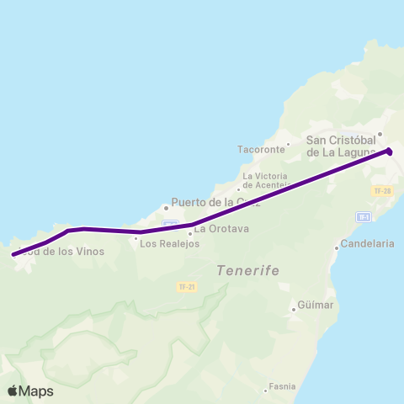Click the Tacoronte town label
pyautogui.click(x=262, y=149)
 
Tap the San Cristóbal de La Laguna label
pyautogui.click(x=346, y=146)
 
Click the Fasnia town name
pyautogui.click(x=282, y=387)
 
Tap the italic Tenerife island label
pyautogui.click(x=247, y=271)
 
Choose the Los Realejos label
pyautogui.click(x=166, y=244)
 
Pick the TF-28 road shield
pyautogui.click(x=381, y=191)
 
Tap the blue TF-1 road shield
pyautogui.click(x=364, y=216)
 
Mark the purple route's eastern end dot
pyautogui.click(x=390, y=151)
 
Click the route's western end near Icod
pyautogui.click(x=13, y=254)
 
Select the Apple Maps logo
pyautogui.click(x=30, y=391)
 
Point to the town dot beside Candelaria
pyautogui.click(x=337, y=247)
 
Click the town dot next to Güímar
pyautogui.click(x=294, y=309)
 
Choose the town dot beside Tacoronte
pyautogui.click(x=289, y=143)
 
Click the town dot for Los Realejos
pyautogui.click(x=136, y=238)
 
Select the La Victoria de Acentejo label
pyautogui.click(x=265, y=182)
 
